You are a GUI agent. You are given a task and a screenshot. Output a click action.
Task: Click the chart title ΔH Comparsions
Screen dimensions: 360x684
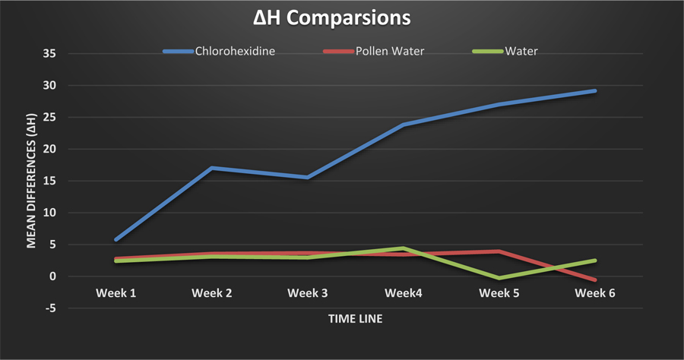coord(342,18)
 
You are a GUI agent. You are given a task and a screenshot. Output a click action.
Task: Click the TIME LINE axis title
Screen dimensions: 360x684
coord(355,319)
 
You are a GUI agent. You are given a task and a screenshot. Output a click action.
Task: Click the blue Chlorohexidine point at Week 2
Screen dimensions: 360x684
coord(212,168)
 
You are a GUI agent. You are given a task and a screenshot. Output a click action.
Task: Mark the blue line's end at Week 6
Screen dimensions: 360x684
coord(595,91)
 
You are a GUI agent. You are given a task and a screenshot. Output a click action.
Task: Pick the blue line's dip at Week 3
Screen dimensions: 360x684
coord(308,177)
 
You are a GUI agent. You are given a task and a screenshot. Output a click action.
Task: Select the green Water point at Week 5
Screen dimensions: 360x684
coord(499,278)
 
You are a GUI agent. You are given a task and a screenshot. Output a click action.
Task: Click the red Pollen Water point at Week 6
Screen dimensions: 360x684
coord(595,280)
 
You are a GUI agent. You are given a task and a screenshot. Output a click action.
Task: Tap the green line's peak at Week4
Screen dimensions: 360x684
coord(404,248)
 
